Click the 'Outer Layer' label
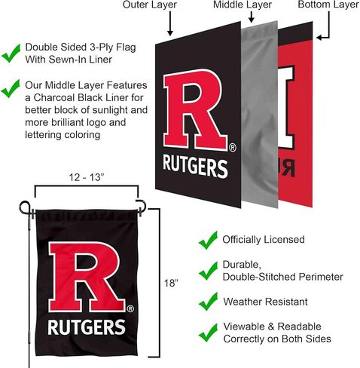(x=150, y=5)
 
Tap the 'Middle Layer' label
(x=243, y=5)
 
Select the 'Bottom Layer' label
(x=328, y=5)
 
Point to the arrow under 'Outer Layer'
(x=170, y=23)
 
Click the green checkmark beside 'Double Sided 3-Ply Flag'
(x=11, y=53)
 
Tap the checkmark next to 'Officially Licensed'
(x=208, y=240)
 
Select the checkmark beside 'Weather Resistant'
(x=208, y=302)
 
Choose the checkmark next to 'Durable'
(x=208, y=271)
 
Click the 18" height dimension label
(x=171, y=284)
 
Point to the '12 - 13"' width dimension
(x=87, y=177)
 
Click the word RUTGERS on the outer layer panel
(x=195, y=166)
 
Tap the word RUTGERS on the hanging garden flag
(x=87, y=327)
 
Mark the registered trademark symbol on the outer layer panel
(x=233, y=148)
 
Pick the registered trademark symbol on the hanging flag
(x=130, y=308)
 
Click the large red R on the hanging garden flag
(x=87, y=277)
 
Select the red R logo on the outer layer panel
(x=195, y=110)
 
